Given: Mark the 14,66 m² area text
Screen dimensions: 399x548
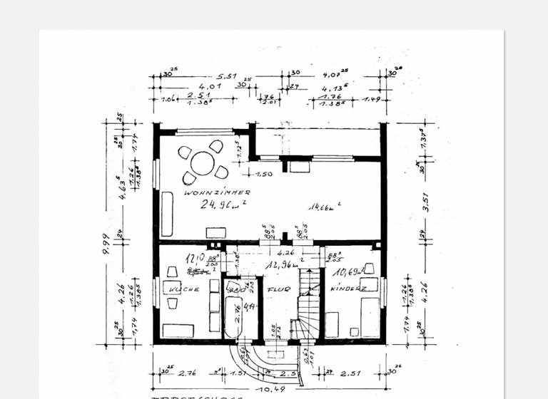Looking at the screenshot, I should point(325,207).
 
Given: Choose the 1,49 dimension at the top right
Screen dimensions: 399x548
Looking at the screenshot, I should point(372,99).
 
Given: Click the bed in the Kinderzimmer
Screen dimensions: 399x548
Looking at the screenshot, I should point(370,317).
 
